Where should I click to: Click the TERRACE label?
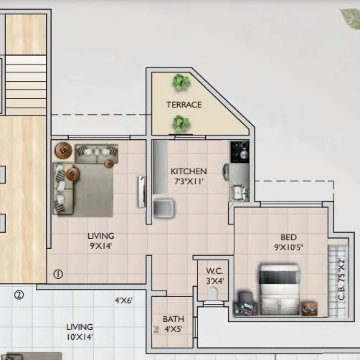click(x=184, y=105)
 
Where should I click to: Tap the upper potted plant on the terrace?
click(x=180, y=82)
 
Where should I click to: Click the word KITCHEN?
click(x=189, y=171)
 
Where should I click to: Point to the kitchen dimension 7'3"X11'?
click(x=189, y=181)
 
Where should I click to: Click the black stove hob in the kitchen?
click(x=239, y=151)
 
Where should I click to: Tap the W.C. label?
click(x=214, y=270)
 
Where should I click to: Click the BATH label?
click(x=173, y=319)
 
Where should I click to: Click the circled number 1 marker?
click(x=58, y=274)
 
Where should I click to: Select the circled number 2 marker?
click(x=19, y=294)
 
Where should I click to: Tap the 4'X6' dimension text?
click(x=124, y=301)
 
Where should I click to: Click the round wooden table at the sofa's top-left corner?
click(x=63, y=151)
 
